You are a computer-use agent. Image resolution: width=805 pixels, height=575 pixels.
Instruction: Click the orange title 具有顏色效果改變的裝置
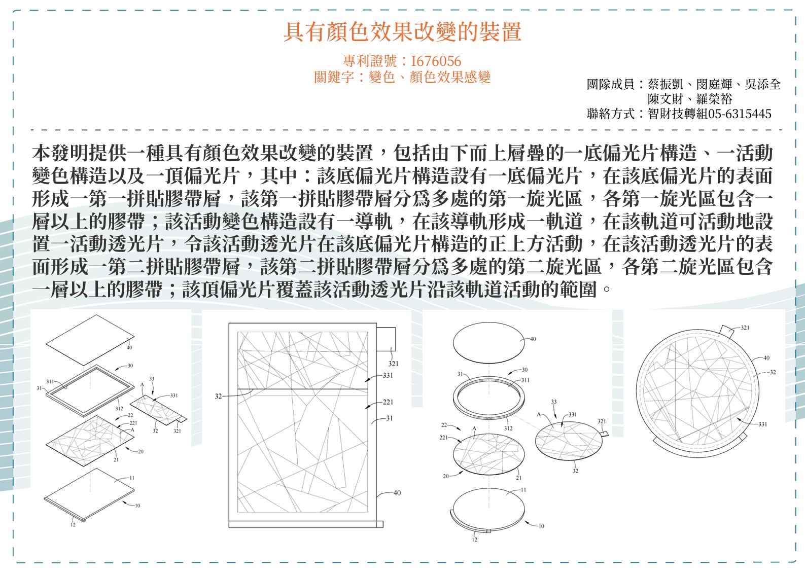point(402,32)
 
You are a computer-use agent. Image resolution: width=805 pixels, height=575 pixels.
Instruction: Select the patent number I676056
point(436,61)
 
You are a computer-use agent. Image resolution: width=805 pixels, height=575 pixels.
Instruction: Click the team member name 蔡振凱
point(665,84)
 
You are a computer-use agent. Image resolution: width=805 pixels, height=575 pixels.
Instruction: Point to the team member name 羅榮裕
point(714,99)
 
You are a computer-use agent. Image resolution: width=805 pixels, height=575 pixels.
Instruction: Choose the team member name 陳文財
point(665,99)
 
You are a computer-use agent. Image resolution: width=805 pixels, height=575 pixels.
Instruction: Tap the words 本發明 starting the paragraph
point(60,153)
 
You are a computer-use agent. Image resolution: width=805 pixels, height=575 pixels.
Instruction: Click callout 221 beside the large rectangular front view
point(388,402)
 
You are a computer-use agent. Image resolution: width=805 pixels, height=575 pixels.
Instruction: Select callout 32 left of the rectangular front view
point(218,396)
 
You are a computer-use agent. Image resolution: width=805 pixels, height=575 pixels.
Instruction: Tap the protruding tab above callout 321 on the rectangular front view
point(386,339)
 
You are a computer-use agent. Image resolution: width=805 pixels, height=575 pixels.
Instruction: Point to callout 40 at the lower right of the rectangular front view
point(397,493)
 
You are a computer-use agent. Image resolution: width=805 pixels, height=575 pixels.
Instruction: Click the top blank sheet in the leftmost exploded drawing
point(90,340)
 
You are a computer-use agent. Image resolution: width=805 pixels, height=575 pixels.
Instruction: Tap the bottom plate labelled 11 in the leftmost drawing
point(89,494)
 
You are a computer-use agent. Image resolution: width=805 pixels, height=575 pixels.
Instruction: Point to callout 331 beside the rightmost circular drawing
point(762,424)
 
